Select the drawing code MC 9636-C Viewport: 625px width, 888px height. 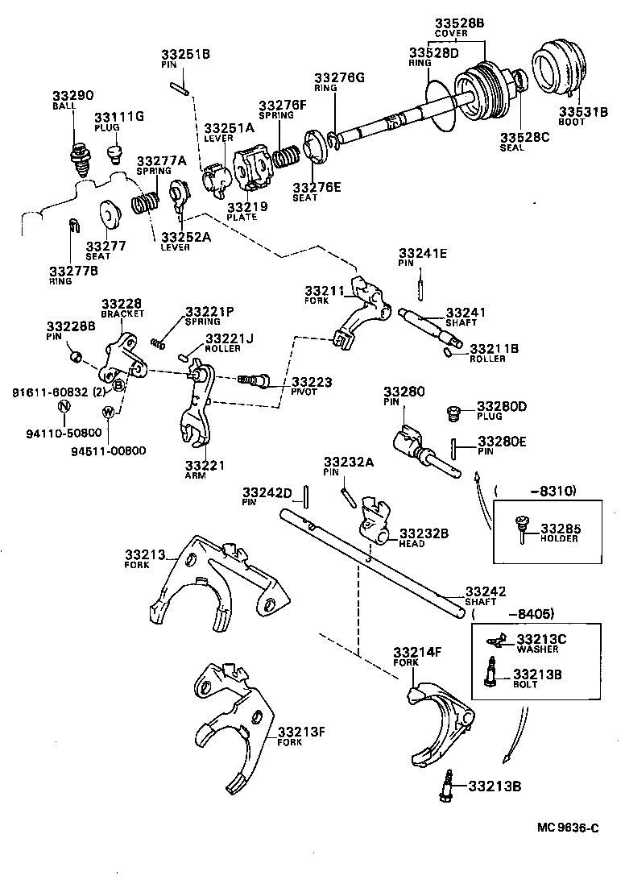point(569,828)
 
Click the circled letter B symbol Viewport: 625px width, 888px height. point(118,385)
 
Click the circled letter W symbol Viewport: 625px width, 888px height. point(107,412)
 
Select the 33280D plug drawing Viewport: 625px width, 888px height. point(453,413)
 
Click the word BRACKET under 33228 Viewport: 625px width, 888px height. point(122,313)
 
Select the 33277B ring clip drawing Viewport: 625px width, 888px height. point(72,226)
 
